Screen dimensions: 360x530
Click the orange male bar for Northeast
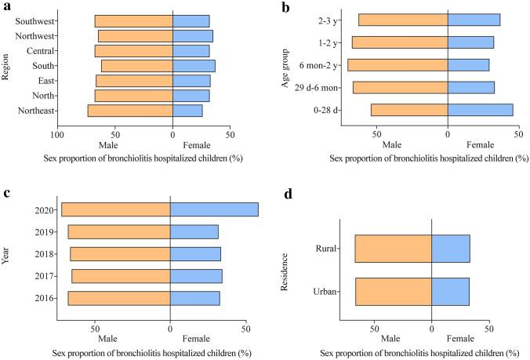[x=130, y=111]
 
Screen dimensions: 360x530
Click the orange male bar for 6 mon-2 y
[x=397, y=65]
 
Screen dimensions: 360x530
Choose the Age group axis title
[x=286, y=65]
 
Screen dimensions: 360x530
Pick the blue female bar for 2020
[x=214, y=209]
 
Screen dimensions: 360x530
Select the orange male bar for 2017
[x=121, y=276]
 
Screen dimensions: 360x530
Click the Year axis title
[x=6, y=254]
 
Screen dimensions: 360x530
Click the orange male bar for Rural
[x=393, y=249]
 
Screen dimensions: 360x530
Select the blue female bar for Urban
[x=450, y=292]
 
